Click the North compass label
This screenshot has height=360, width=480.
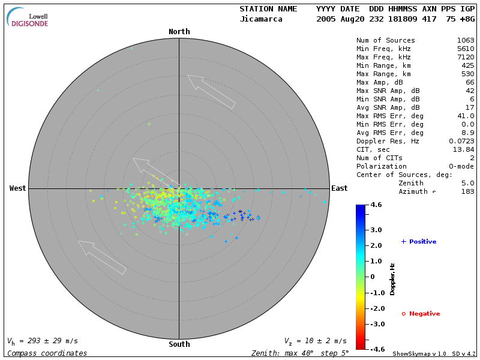click(179, 32)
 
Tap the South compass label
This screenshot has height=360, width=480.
click(179, 344)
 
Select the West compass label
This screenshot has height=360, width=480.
click(18, 188)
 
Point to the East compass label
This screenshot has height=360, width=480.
click(339, 188)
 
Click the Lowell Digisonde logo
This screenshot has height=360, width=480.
click(28, 17)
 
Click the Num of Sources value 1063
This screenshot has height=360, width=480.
click(466, 41)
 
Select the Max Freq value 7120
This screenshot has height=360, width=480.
click(466, 58)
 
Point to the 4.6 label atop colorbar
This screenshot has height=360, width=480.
click(376, 205)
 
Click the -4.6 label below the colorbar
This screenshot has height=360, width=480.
click(376, 349)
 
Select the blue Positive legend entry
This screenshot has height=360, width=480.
click(419, 242)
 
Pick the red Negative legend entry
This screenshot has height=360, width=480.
click(421, 314)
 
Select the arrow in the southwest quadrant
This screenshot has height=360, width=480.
click(102, 257)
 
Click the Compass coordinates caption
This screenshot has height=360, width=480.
click(47, 353)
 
